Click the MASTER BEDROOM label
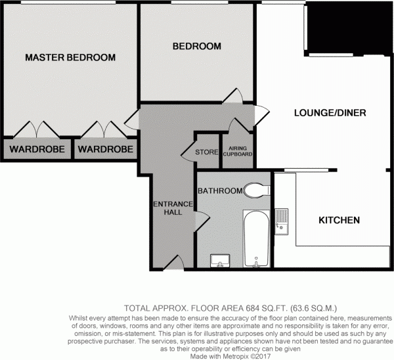tap(70, 58)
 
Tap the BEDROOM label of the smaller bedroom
tap(196, 47)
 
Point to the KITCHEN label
tap(339, 220)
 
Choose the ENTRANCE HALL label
tap(173, 208)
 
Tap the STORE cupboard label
tap(206, 152)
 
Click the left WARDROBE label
tap(36, 150)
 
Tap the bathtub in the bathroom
tap(255, 238)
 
